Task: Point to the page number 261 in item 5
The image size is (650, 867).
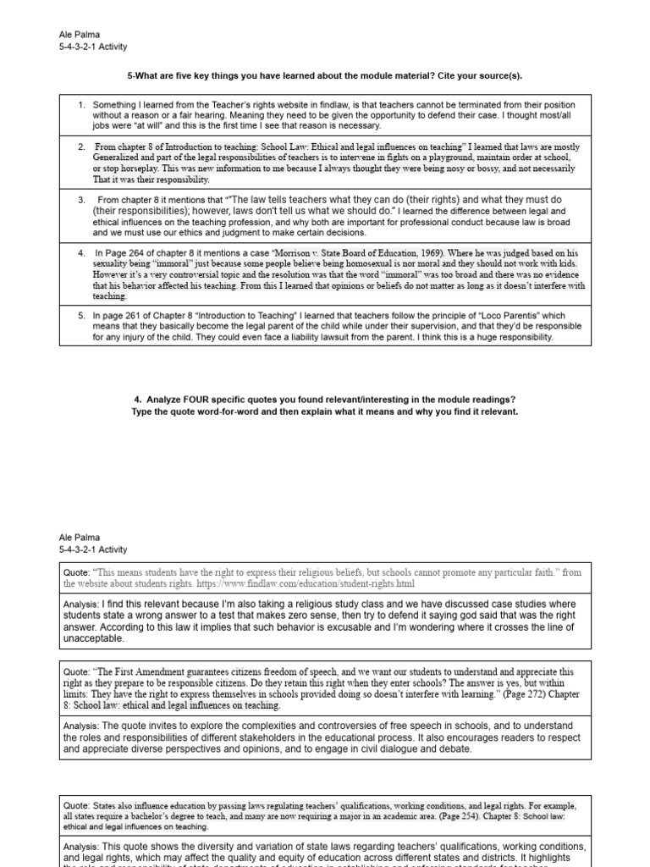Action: [x=140, y=316]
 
